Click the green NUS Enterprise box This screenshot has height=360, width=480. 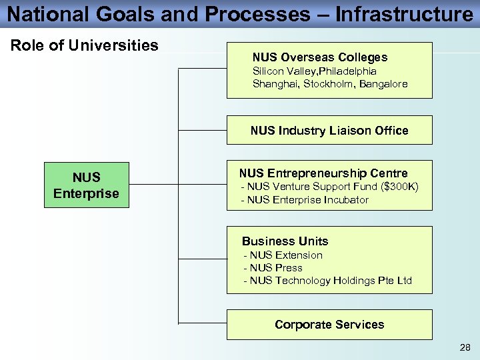tap(87, 185)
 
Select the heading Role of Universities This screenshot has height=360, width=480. tap(85, 45)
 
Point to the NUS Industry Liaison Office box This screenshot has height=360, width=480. tap(329, 131)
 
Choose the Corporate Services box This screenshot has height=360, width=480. tap(329, 325)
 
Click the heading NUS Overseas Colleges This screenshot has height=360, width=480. tap(319, 57)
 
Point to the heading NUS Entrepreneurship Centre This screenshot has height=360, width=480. tap(323, 173)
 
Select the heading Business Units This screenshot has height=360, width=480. tap(285, 241)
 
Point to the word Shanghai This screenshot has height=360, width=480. tap(274, 84)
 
